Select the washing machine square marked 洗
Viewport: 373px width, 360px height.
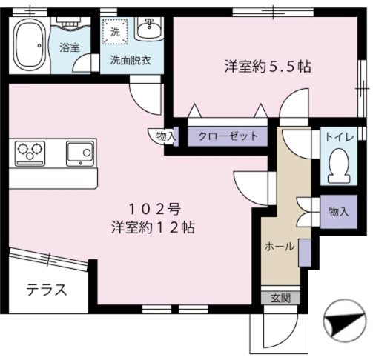click(x=115, y=32)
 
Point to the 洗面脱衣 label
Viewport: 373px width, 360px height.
click(x=131, y=61)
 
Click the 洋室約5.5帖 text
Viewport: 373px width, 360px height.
click(x=268, y=66)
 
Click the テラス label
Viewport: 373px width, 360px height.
click(x=46, y=290)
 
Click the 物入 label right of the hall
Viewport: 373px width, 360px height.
click(x=338, y=212)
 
